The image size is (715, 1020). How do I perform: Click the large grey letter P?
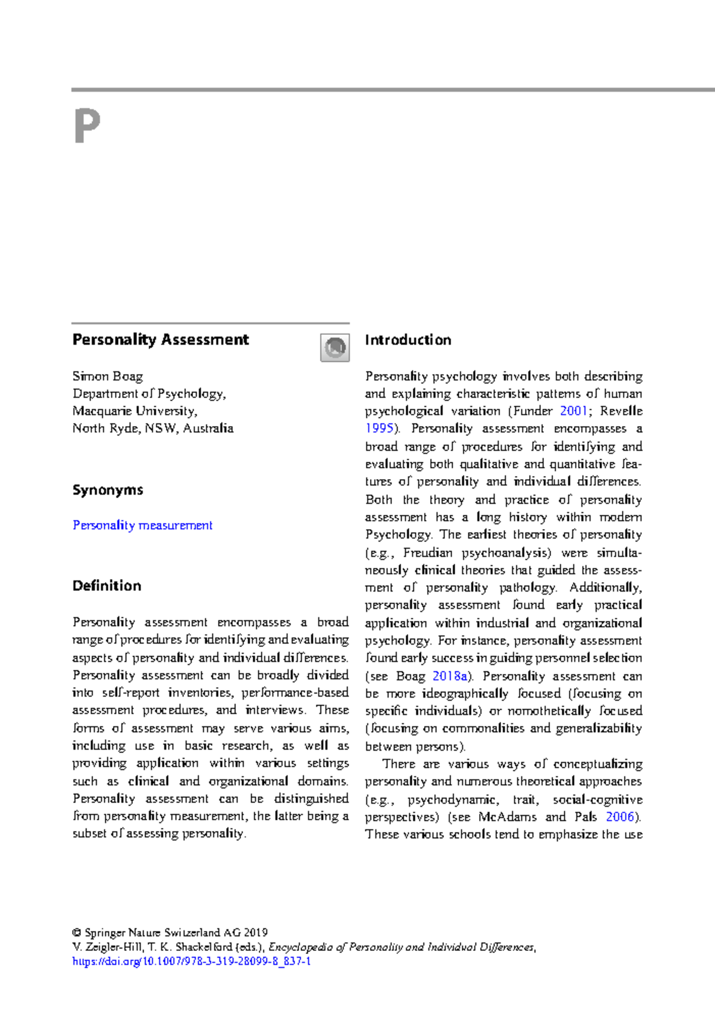87,126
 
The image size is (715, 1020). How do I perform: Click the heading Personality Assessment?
160,340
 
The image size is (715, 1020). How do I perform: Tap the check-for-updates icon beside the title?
335,347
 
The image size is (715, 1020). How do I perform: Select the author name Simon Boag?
108,376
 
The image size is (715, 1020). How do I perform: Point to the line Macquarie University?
135,411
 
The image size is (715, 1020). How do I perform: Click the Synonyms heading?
108,490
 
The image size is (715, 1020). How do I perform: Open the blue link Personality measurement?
142,525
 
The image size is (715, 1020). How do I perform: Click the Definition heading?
107,586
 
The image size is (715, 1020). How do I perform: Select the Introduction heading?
408,340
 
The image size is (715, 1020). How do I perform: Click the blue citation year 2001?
573,411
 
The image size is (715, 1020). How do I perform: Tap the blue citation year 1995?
380,428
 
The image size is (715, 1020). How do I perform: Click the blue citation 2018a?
450,676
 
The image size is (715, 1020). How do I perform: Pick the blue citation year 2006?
620,816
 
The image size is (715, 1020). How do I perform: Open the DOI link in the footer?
191,961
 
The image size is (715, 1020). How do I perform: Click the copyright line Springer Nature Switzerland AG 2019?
170,932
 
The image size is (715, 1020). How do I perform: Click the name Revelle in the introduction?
621,411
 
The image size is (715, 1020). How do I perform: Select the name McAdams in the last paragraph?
507,816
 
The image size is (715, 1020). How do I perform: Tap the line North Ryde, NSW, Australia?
153,428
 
